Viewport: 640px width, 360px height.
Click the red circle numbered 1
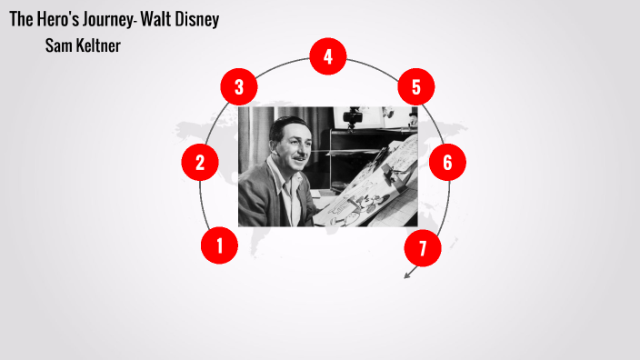[219, 245]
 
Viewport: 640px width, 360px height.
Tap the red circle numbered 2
[200, 163]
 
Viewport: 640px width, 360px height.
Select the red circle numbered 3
[239, 87]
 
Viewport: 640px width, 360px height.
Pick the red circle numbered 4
[327, 56]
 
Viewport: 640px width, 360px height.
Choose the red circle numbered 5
[416, 87]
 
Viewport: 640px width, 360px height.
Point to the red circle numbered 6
[447, 163]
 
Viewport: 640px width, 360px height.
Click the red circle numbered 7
[422, 247]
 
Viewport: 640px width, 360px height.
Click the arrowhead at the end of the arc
[408, 274]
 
